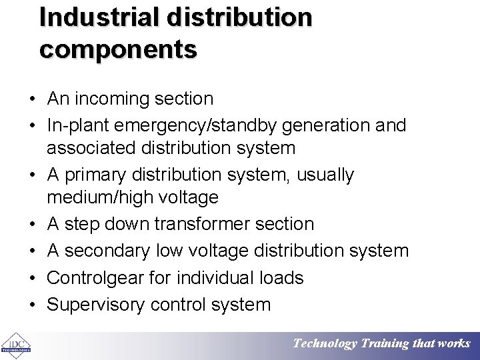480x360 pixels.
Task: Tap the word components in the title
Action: pos(118,50)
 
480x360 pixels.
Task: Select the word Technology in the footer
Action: pos(325,344)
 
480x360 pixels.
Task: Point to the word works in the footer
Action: pos(454,344)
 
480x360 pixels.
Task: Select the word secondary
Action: pos(107,251)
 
